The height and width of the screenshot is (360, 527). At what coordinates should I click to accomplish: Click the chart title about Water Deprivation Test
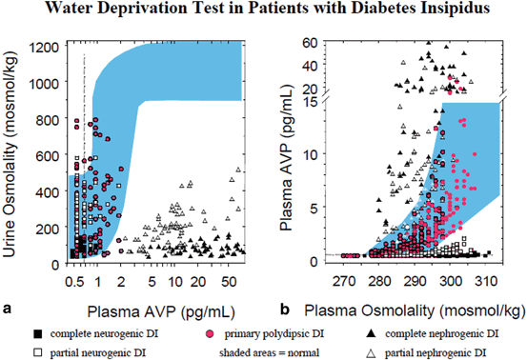(x=263, y=11)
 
